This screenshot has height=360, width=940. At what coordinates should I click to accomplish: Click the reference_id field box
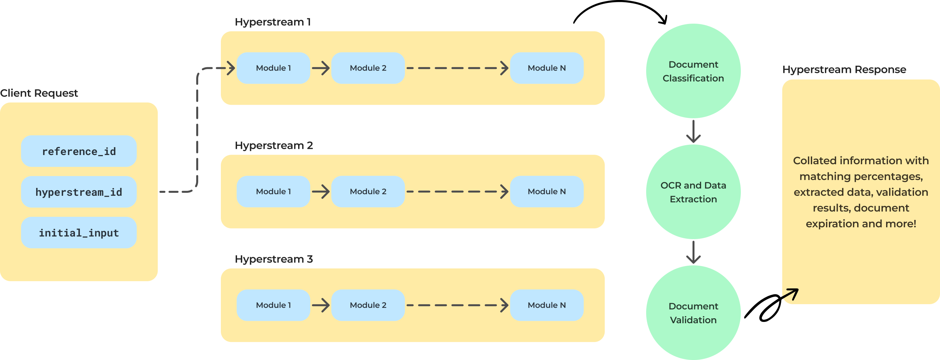[x=79, y=151]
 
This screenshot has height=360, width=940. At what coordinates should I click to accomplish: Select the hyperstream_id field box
[x=79, y=192]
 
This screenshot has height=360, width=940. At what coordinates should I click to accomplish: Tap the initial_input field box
[x=79, y=233]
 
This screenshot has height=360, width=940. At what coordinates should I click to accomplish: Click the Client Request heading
[x=39, y=93]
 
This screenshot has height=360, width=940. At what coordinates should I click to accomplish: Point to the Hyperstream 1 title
[x=272, y=22]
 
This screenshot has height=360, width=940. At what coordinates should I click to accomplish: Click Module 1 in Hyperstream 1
[x=273, y=68]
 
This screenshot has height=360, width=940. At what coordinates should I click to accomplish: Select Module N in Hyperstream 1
[x=547, y=68]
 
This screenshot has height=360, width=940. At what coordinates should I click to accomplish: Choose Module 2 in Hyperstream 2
[x=368, y=191]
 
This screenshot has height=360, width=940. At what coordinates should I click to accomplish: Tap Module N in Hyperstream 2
[x=547, y=191]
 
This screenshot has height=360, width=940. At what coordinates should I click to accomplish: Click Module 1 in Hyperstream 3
[x=273, y=305]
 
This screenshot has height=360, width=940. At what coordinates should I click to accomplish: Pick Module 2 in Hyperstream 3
[x=368, y=305]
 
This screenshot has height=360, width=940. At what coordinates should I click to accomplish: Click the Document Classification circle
[x=693, y=71]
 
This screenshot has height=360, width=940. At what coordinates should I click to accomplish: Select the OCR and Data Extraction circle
[x=693, y=192]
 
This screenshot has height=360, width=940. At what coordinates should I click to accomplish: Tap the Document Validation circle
[x=693, y=313]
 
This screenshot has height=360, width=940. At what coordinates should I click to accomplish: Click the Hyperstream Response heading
[x=844, y=70]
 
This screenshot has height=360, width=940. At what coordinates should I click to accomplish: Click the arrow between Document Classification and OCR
[x=693, y=132]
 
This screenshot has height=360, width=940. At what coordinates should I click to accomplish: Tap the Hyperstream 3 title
[x=274, y=259]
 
